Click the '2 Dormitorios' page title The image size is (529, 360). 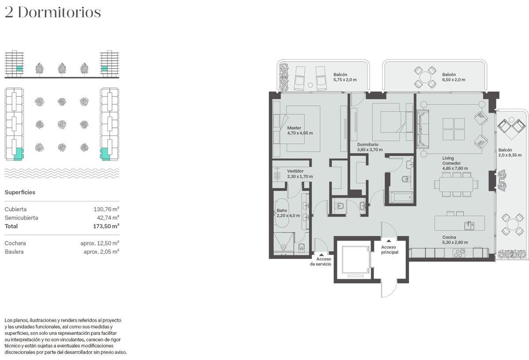pos(53,12)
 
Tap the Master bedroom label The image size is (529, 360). pos(300,130)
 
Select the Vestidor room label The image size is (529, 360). pos(300,174)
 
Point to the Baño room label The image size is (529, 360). pos(288,213)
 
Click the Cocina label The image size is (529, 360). pos(455,240)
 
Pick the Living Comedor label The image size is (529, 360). pos(455,163)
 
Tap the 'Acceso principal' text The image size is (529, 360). pos(390,249)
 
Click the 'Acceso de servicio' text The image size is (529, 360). pos(320,261)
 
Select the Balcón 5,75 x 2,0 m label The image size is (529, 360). pos(345,77)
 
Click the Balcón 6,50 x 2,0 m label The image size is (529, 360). pos(454,77)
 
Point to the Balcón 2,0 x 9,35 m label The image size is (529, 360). pos(510,152)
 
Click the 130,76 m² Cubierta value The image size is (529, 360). pos(106,209)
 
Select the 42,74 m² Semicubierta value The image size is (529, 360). pos(108,218)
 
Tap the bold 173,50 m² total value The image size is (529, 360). pos(106,226)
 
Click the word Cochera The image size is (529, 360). pos(15,243)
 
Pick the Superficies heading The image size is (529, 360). pos(20,192)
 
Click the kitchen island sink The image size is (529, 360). pos(469,226)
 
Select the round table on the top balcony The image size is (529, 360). pos(425,77)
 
